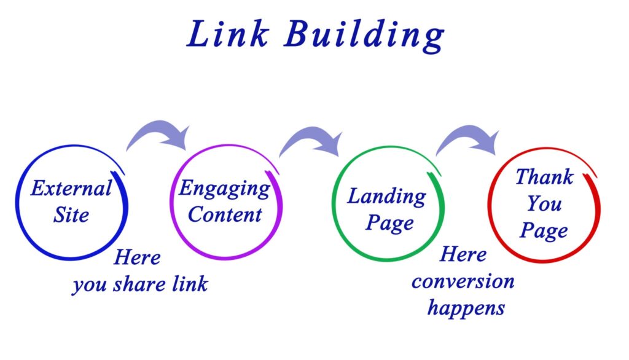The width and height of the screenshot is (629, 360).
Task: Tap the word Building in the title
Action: (x=364, y=36)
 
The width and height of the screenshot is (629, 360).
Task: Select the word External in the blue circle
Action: (x=71, y=187)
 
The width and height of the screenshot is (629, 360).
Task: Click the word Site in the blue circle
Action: (x=71, y=214)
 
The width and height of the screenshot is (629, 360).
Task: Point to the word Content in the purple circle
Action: (x=225, y=214)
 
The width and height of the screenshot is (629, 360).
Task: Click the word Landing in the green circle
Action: (x=386, y=197)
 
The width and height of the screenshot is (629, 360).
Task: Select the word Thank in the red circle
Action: (x=544, y=177)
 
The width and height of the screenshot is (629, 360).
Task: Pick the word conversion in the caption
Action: (x=463, y=281)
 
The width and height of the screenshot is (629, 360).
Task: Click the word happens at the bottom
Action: (x=466, y=307)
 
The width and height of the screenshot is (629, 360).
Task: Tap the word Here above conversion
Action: (x=463, y=254)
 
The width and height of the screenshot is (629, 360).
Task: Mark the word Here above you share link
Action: (x=137, y=257)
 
